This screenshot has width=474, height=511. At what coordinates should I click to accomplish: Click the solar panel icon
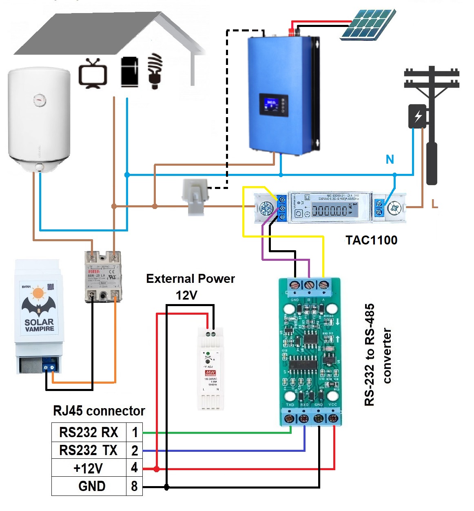click(x=368, y=24)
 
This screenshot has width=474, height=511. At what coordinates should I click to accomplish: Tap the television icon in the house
click(x=93, y=73)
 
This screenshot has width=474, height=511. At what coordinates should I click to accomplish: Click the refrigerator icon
click(x=129, y=72)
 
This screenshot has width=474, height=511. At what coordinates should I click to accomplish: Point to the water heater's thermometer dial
click(x=40, y=99)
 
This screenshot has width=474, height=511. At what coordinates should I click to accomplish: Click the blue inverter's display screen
click(x=273, y=104)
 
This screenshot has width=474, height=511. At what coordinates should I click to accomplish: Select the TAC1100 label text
click(x=371, y=240)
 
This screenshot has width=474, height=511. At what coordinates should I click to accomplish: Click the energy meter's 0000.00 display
click(x=330, y=211)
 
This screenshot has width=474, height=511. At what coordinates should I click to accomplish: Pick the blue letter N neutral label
click(x=390, y=160)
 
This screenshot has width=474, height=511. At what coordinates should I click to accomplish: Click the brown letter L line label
click(x=435, y=203)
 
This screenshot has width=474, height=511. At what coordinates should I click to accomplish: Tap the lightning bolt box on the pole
click(x=418, y=116)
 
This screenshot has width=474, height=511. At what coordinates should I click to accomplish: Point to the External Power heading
click(x=190, y=279)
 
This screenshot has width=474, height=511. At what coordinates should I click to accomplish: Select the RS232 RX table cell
click(x=89, y=432)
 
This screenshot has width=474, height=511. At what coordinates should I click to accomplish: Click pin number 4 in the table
click(x=134, y=468)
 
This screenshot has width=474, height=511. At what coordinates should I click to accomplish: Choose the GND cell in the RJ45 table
click(x=92, y=486)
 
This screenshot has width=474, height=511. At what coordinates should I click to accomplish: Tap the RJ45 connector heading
click(x=99, y=411)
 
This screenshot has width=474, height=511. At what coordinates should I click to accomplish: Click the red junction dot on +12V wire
click(x=157, y=469)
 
